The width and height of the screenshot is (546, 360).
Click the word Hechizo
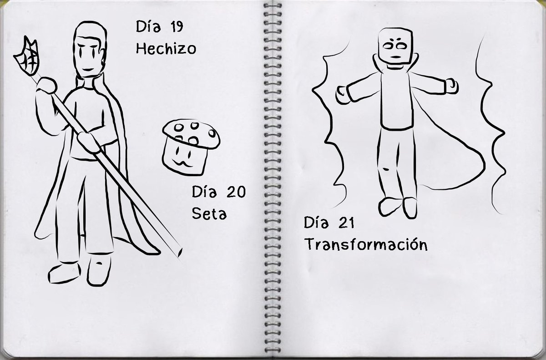click(x=166, y=48)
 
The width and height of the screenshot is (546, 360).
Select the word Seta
click(x=209, y=214)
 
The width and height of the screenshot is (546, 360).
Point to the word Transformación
click(x=366, y=244)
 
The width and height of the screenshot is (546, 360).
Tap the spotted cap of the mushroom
click(x=192, y=133)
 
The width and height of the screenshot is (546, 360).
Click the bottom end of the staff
click(x=179, y=253)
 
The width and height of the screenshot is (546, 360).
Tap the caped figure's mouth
click(x=395, y=57)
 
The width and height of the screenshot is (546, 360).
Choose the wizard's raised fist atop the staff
click(x=46, y=85)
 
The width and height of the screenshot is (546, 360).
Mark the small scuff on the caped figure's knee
click(x=386, y=169)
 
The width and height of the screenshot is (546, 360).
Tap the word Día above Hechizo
click(x=148, y=26)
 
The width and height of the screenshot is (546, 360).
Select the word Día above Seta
click(x=204, y=192)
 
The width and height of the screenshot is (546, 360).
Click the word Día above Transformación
click(x=316, y=223)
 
